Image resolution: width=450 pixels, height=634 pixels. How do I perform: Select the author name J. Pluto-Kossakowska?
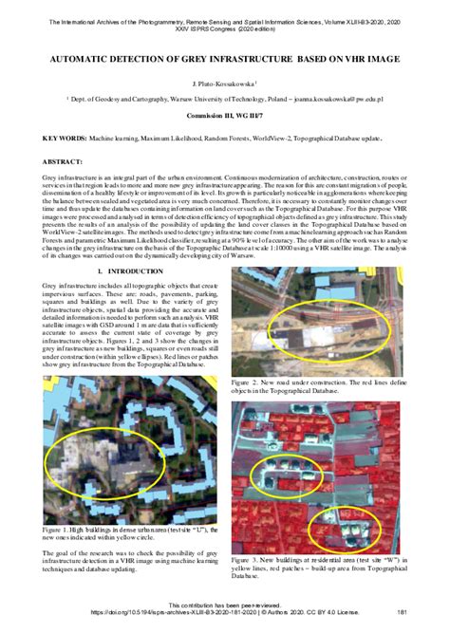224,84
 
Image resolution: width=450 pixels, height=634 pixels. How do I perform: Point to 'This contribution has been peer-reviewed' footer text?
225,606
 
